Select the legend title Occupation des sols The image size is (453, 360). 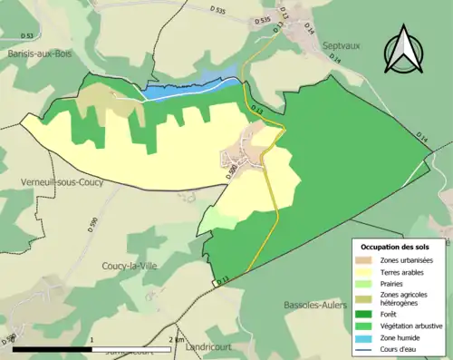pos(400,247)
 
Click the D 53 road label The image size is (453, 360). pos(26,36)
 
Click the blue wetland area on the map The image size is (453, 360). pos(181,90)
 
